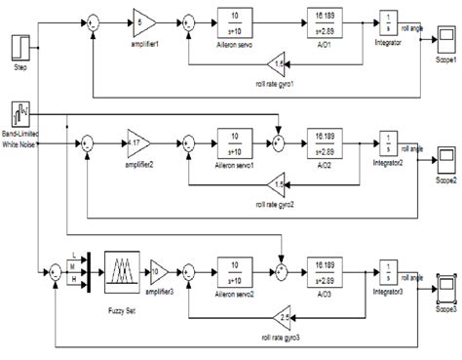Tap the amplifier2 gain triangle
click(x=140, y=143)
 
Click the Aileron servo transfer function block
click(x=236, y=20)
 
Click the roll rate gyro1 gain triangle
click(x=279, y=63)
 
